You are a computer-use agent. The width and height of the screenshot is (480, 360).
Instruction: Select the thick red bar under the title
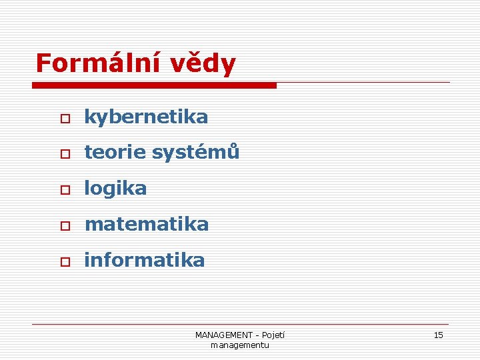click(x=154, y=85)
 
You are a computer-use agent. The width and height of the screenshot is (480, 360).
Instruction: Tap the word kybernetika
click(x=146, y=117)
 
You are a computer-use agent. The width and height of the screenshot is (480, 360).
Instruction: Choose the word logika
click(x=115, y=189)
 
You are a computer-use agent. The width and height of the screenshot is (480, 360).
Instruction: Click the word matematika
click(x=146, y=225)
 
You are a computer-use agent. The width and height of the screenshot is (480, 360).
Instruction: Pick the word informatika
click(x=144, y=260)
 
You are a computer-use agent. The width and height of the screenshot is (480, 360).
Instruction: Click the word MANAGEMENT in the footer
click(x=223, y=335)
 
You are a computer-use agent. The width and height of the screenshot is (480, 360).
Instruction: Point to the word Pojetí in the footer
click(x=273, y=335)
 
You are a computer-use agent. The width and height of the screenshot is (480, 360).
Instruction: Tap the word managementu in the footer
click(x=239, y=345)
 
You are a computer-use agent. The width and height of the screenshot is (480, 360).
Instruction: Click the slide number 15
click(x=438, y=335)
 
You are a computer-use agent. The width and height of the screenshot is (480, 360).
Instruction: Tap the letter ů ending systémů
click(x=233, y=152)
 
